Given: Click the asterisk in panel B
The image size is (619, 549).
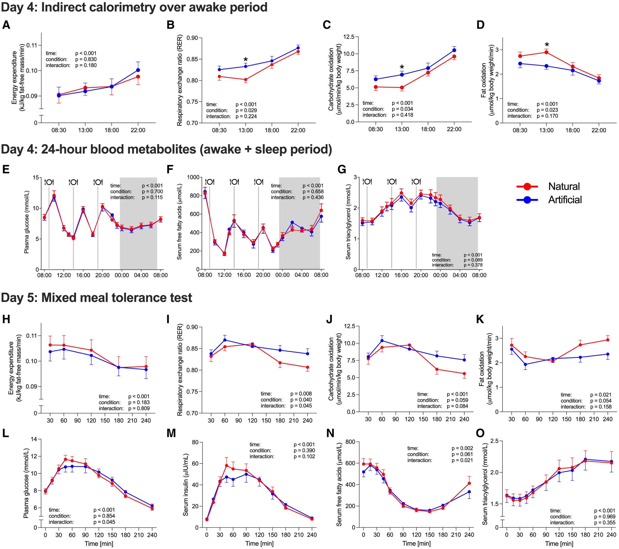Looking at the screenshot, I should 246,60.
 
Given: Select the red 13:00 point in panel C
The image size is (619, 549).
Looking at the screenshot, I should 402,88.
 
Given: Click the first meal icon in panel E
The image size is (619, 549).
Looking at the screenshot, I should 49,182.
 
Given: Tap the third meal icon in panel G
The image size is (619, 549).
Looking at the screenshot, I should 416,181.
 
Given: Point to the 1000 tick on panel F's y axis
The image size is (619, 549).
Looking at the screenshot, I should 193,178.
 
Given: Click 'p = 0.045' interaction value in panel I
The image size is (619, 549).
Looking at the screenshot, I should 301,406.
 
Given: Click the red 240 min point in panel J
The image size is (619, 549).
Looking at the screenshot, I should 464,374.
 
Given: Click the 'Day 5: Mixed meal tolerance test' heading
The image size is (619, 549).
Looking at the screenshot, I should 96,298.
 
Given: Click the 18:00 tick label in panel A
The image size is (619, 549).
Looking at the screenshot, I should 112,130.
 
